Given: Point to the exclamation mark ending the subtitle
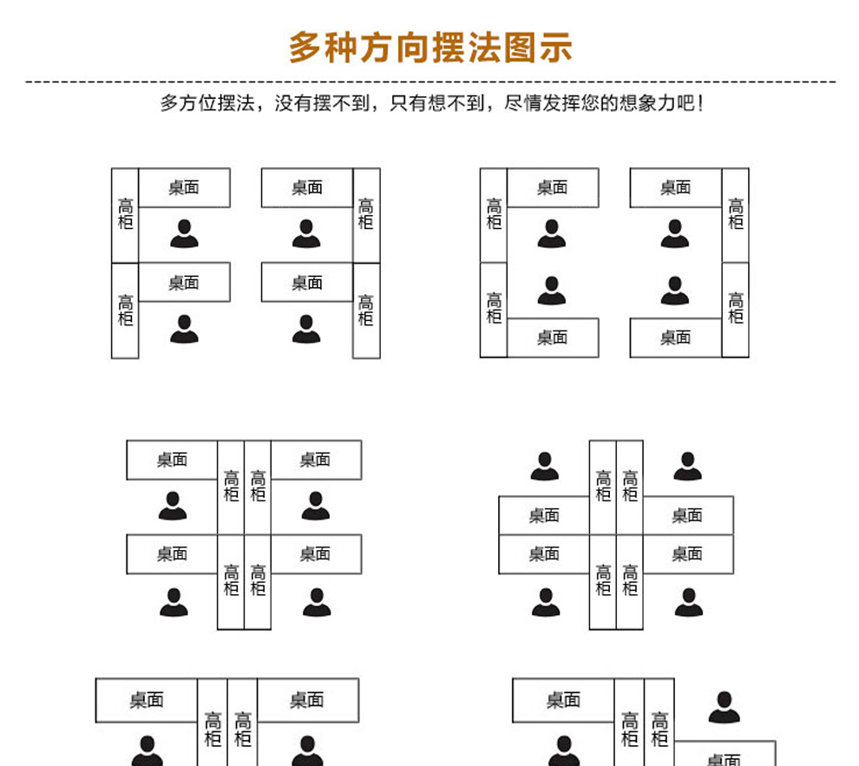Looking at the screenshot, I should (x=700, y=103).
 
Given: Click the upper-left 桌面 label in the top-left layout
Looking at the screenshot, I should (x=184, y=187).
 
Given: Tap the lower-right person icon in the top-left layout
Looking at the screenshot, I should (x=306, y=329).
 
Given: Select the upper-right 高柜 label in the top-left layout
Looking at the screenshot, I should (x=366, y=213).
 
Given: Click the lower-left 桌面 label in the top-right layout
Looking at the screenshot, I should (x=552, y=337).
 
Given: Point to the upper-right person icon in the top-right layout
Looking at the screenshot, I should (x=674, y=233).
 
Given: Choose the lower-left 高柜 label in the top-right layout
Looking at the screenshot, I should (x=494, y=308).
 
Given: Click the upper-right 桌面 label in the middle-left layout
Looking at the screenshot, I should (x=315, y=460).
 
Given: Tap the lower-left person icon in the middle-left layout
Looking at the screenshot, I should (x=174, y=602).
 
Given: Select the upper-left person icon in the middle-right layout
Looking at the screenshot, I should (x=545, y=466).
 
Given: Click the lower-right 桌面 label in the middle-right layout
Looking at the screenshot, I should (x=686, y=553).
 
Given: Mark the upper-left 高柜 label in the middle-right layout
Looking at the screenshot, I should (x=603, y=486).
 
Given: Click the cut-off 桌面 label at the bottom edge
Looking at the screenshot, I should (x=724, y=760).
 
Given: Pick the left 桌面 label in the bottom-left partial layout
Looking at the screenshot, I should (x=147, y=700).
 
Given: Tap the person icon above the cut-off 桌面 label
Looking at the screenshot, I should (x=724, y=708).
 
